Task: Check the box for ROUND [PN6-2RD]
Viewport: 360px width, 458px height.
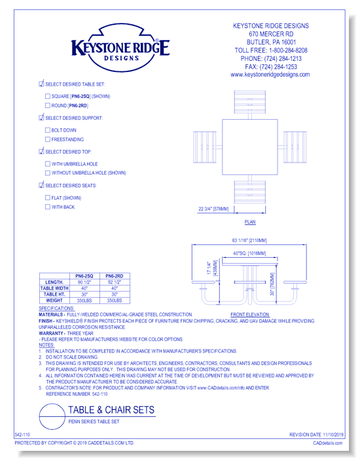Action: [x=47, y=105]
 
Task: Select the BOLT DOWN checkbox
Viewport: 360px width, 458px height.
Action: [x=47, y=130]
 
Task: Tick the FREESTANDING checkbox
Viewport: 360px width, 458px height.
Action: [x=47, y=139]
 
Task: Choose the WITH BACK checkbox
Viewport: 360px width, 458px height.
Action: [x=47, y=207]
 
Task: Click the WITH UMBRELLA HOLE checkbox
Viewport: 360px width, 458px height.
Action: [x=47, y=164]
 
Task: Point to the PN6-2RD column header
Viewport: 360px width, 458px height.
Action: [x=115, y=277]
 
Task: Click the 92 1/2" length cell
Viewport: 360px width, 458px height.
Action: [x=115, y=283]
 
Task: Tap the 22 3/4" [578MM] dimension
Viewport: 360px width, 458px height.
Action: [x=213, y=209]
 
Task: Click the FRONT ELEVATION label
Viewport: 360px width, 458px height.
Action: [x=250, y=315]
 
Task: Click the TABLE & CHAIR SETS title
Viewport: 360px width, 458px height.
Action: [x=111, y=411]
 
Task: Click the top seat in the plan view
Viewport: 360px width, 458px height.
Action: [x=251, y=102]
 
